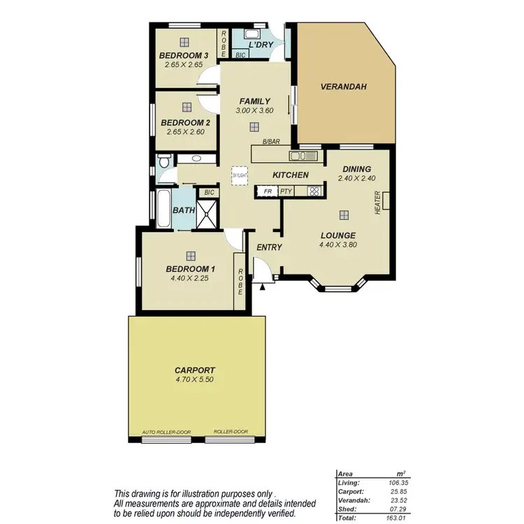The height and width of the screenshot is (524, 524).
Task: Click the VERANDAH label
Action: click(x=344, y=87)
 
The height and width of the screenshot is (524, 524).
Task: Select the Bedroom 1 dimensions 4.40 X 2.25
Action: click(x=189, y=278)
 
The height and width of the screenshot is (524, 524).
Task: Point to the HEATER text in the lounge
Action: click(x=378, y=203)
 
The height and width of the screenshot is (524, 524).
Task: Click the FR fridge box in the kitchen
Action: click(x=266, y=191)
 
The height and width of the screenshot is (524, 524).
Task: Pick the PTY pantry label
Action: click(x=286, y=191)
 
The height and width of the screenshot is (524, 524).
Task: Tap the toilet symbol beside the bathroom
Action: click(x=163, y=162)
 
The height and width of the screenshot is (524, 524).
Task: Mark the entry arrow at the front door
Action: click(x=263, y=285)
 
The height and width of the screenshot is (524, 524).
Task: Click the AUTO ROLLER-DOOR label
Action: click(x=166, y=432)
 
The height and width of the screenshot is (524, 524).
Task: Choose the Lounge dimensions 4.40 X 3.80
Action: click(x=338, y=245)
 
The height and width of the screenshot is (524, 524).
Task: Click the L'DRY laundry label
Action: click(x=261, y=45)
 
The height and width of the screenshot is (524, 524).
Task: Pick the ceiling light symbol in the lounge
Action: click(x=343, y=216)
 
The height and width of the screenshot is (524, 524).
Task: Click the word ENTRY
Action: click(x=269, y=247)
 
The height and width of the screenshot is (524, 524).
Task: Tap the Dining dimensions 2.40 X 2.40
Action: click(x=356, y=179)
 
